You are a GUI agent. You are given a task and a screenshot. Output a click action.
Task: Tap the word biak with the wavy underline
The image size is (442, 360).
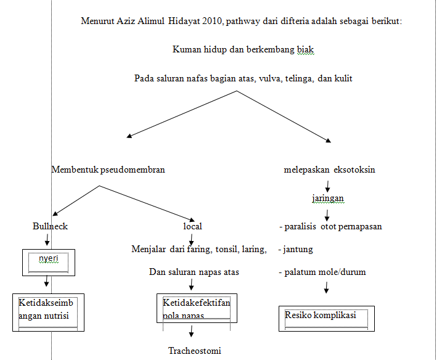click(x=305, y=49)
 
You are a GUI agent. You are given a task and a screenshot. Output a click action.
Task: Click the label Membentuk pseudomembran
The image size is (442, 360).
click(x=108, y=170)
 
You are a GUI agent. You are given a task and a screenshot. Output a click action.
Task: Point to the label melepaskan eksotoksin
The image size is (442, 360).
click(x=329, y=170)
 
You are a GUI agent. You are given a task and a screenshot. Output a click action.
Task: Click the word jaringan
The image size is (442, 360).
click(x=327, y=198)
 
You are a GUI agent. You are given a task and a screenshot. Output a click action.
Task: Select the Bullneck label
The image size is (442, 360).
click(x=50, y=226)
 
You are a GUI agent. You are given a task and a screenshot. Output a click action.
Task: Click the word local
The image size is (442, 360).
click(x=192, y=226)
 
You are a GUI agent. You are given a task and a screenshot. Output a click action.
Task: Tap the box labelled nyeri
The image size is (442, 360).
click(x=48, y=261)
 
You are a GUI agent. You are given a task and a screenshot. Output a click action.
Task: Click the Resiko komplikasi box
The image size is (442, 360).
click(x=325, y=316)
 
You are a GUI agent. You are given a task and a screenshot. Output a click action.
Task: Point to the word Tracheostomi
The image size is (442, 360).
click(x=194, y=351)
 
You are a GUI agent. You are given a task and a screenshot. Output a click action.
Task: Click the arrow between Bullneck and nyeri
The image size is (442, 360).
click(x=47, y=239)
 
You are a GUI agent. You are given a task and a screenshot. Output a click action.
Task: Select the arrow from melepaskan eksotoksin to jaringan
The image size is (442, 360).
click(x=327, y=185)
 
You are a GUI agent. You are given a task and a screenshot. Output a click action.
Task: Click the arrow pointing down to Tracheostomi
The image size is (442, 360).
click(x=192, y=332)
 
